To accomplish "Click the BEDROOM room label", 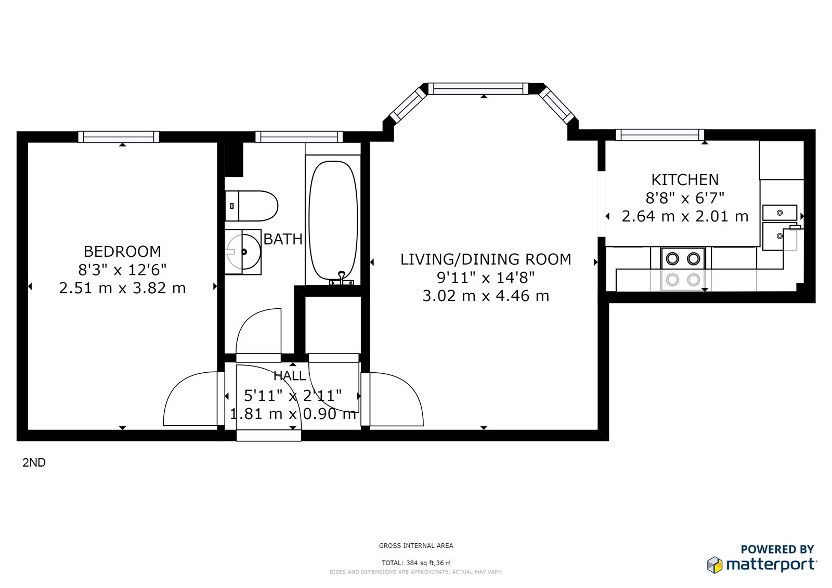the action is click(122, 252).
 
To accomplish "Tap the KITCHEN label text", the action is click(685, 180).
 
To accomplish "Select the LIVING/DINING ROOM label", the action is click(486, 259).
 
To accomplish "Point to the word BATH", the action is click(283, 239).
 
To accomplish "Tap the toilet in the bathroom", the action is click(252, 206).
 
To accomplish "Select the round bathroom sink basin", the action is click(243, 252).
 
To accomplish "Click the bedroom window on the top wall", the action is click(119, 137).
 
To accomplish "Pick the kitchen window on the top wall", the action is click(660, 135).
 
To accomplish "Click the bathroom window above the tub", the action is click(299, 137).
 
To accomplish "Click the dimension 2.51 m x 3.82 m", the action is click(122, 288).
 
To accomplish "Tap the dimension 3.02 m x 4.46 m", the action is click(486, 296).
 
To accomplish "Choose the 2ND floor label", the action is click(34, 463).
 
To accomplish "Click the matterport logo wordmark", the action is click(772, 565).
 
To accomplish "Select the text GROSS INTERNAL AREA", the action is click(416, 546).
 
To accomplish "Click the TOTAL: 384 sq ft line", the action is click(416, 563).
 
